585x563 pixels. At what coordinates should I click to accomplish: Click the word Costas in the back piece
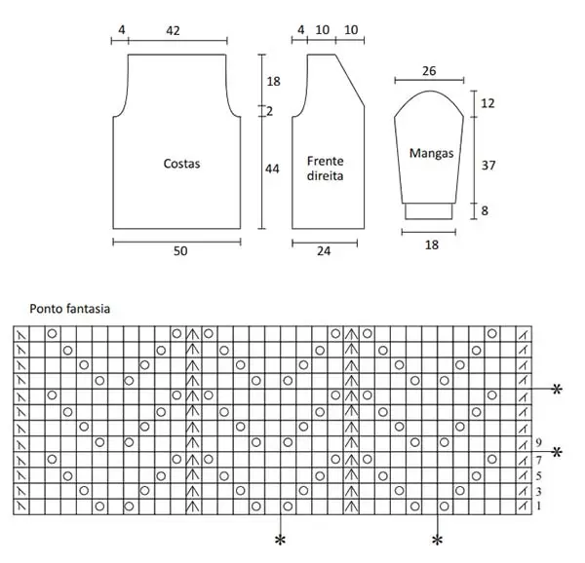coord(181,164)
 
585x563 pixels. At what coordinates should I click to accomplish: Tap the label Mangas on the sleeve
coord(431,153)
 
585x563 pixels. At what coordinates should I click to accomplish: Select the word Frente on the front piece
coord(325,161)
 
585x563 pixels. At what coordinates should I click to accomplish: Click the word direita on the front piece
coord(325,175)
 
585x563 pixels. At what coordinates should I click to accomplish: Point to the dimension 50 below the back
coord(180,250)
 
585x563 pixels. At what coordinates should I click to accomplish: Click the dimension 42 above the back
coord(173,30)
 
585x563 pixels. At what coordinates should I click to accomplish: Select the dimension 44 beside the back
coord(272,169)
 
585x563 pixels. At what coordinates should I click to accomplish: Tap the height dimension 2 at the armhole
coord(269,111)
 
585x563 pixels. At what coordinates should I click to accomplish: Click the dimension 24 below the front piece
coord(324,250)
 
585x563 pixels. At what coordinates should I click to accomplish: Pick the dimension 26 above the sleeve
coord(429,71)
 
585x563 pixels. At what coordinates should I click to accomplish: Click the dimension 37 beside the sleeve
coord(488,165)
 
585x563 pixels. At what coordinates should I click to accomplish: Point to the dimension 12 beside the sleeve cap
coord(487,103)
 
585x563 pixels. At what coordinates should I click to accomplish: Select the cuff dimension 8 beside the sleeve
coord(485,211)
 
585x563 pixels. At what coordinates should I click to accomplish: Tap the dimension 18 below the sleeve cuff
coord(432,244)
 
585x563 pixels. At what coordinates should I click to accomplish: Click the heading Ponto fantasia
coord(70,309)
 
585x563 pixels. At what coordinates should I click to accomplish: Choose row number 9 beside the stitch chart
coord(538,442)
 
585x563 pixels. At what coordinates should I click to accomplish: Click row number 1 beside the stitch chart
coord(538,506)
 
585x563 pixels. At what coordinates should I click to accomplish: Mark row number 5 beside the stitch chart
coord(538,475)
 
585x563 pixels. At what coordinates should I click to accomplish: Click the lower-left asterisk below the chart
coord(280,540)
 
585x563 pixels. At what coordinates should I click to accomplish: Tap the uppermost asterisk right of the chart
coord(557,390)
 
